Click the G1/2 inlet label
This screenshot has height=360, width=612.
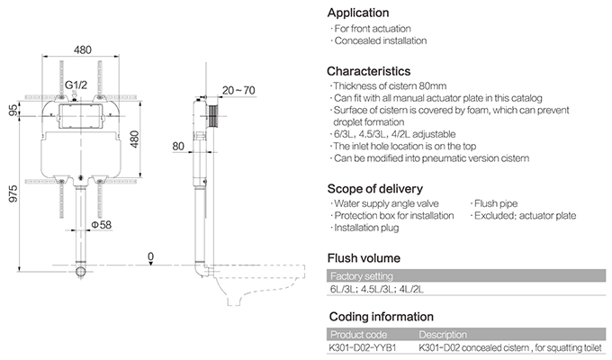pos(76,85)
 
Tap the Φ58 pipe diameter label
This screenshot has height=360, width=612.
pos(102,225)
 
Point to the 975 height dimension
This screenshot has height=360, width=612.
pos(13,193)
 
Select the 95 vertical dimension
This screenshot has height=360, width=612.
pos(13,110)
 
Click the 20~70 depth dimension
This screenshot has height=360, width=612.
pos(238,90)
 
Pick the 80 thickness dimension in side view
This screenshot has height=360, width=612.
pos(178,146)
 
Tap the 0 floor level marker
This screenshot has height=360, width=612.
pos(150,256)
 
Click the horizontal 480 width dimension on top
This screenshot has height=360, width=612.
pos(83,50)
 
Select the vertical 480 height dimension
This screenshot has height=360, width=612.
pos(134,139)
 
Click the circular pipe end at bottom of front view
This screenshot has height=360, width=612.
pos(80,272)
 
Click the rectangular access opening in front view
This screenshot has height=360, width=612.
pos(80,116)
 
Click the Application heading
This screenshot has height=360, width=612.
pos(358,13)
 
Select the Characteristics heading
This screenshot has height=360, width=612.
pos(368,71)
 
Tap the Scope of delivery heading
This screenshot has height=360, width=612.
pos(375,189)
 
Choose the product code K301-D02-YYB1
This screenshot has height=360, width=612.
pos(362,347)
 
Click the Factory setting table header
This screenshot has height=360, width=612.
pos(362,276)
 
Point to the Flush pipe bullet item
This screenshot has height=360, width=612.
pos(494,203)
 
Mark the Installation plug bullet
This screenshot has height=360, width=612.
pos(364,228)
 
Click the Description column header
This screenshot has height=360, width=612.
pos(443,335)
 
